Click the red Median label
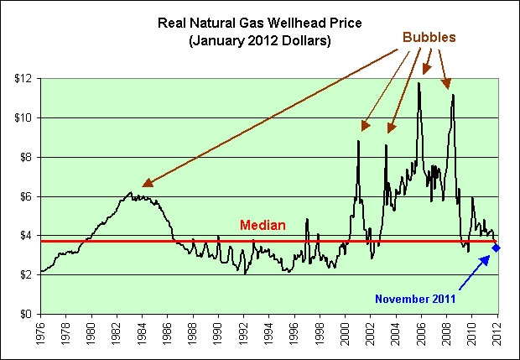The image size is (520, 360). pos(263,225)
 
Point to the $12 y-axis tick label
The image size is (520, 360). pos(22,78)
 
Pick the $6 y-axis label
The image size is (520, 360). pos(25,196)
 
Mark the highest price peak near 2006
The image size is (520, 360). pos(419,82)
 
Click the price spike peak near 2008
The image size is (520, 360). pos(453,95)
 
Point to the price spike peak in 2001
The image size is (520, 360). pos(358,140)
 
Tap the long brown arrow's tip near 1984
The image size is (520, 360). pos(143,185)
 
